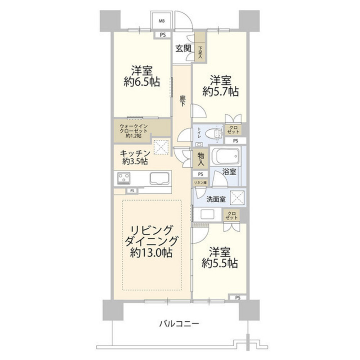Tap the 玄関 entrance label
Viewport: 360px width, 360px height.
tap(183, 48)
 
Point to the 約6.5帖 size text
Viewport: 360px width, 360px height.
tap(141, 82)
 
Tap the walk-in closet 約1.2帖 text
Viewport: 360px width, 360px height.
tap(133, 136)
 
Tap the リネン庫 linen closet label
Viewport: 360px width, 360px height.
tap(200, 183)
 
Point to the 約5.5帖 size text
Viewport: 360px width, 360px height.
tap(220, 264)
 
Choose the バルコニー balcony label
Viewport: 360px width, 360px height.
tap(179, 324)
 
